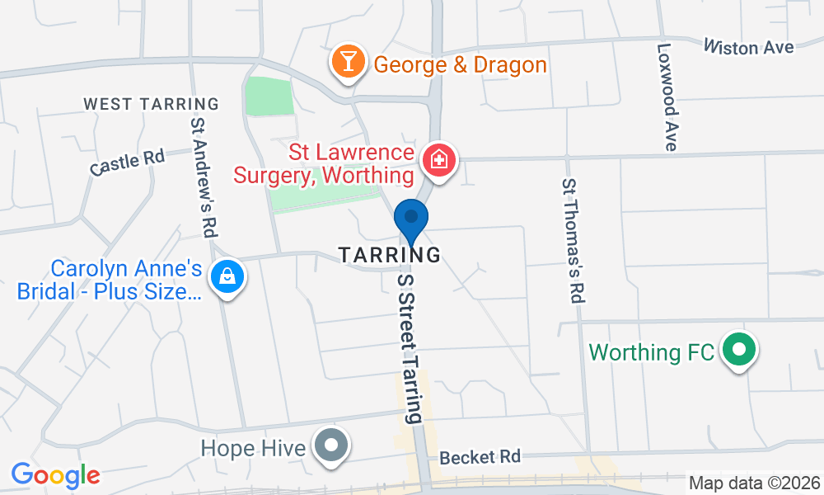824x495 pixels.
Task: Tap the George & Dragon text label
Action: pyautogui.click(x=460, y=64)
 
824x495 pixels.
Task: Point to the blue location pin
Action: pyautogui.click(x=410, y=221)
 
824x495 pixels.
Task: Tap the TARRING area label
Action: pyautogui.click(x=390, y=255)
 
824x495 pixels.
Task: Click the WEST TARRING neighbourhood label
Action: pyautogui.click(x=152, y=104)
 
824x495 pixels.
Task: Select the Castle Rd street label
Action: pyautogui.click(x=128, y=161)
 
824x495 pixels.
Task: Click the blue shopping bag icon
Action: pyautogui.click(x=226, y=277)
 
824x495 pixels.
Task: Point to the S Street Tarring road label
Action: pyautogui.click(x=410, y=347)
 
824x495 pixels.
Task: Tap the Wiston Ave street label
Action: pyautogui.click(x=748, y=47)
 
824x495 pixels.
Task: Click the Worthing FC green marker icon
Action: pyautogui.click(x=739, y=351)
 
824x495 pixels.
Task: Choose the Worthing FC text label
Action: pyautogui.click(x=651, y=352)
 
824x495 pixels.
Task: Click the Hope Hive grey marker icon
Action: pyautogui.click(x=332, y=446)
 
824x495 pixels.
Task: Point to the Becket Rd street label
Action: pyautogui.click(x=480, y=456)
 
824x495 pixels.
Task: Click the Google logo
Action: pyautogui.click(x=55, y=474)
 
